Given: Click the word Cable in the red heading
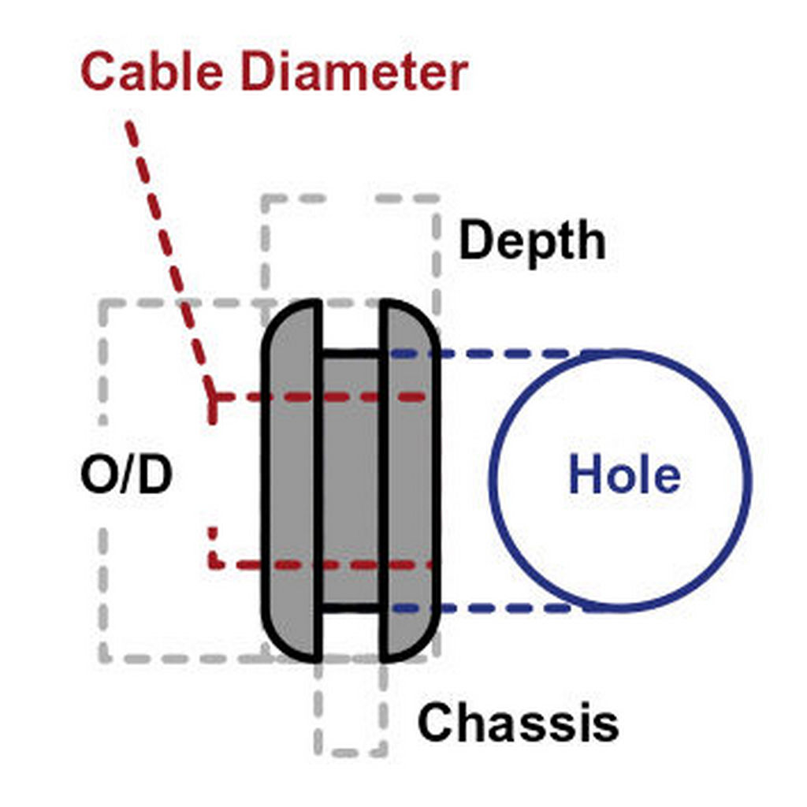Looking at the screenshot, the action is pos(152,72).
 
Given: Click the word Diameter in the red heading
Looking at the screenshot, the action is pos(354,72).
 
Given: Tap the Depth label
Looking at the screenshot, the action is pos(532,241).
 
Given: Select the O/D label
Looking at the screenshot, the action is pos(126,474).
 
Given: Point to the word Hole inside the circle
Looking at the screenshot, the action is pos(624,474).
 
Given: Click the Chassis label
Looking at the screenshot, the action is pos(518,722).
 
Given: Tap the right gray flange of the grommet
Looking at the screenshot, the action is pos(410,480).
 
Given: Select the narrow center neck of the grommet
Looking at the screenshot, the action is pos(351,480).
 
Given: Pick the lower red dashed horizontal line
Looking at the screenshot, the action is pos(320,564).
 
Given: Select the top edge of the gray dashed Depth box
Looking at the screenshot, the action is pos(351,199).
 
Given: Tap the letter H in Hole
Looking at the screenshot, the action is pos(585,474).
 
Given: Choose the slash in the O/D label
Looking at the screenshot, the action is pos(125,474).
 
